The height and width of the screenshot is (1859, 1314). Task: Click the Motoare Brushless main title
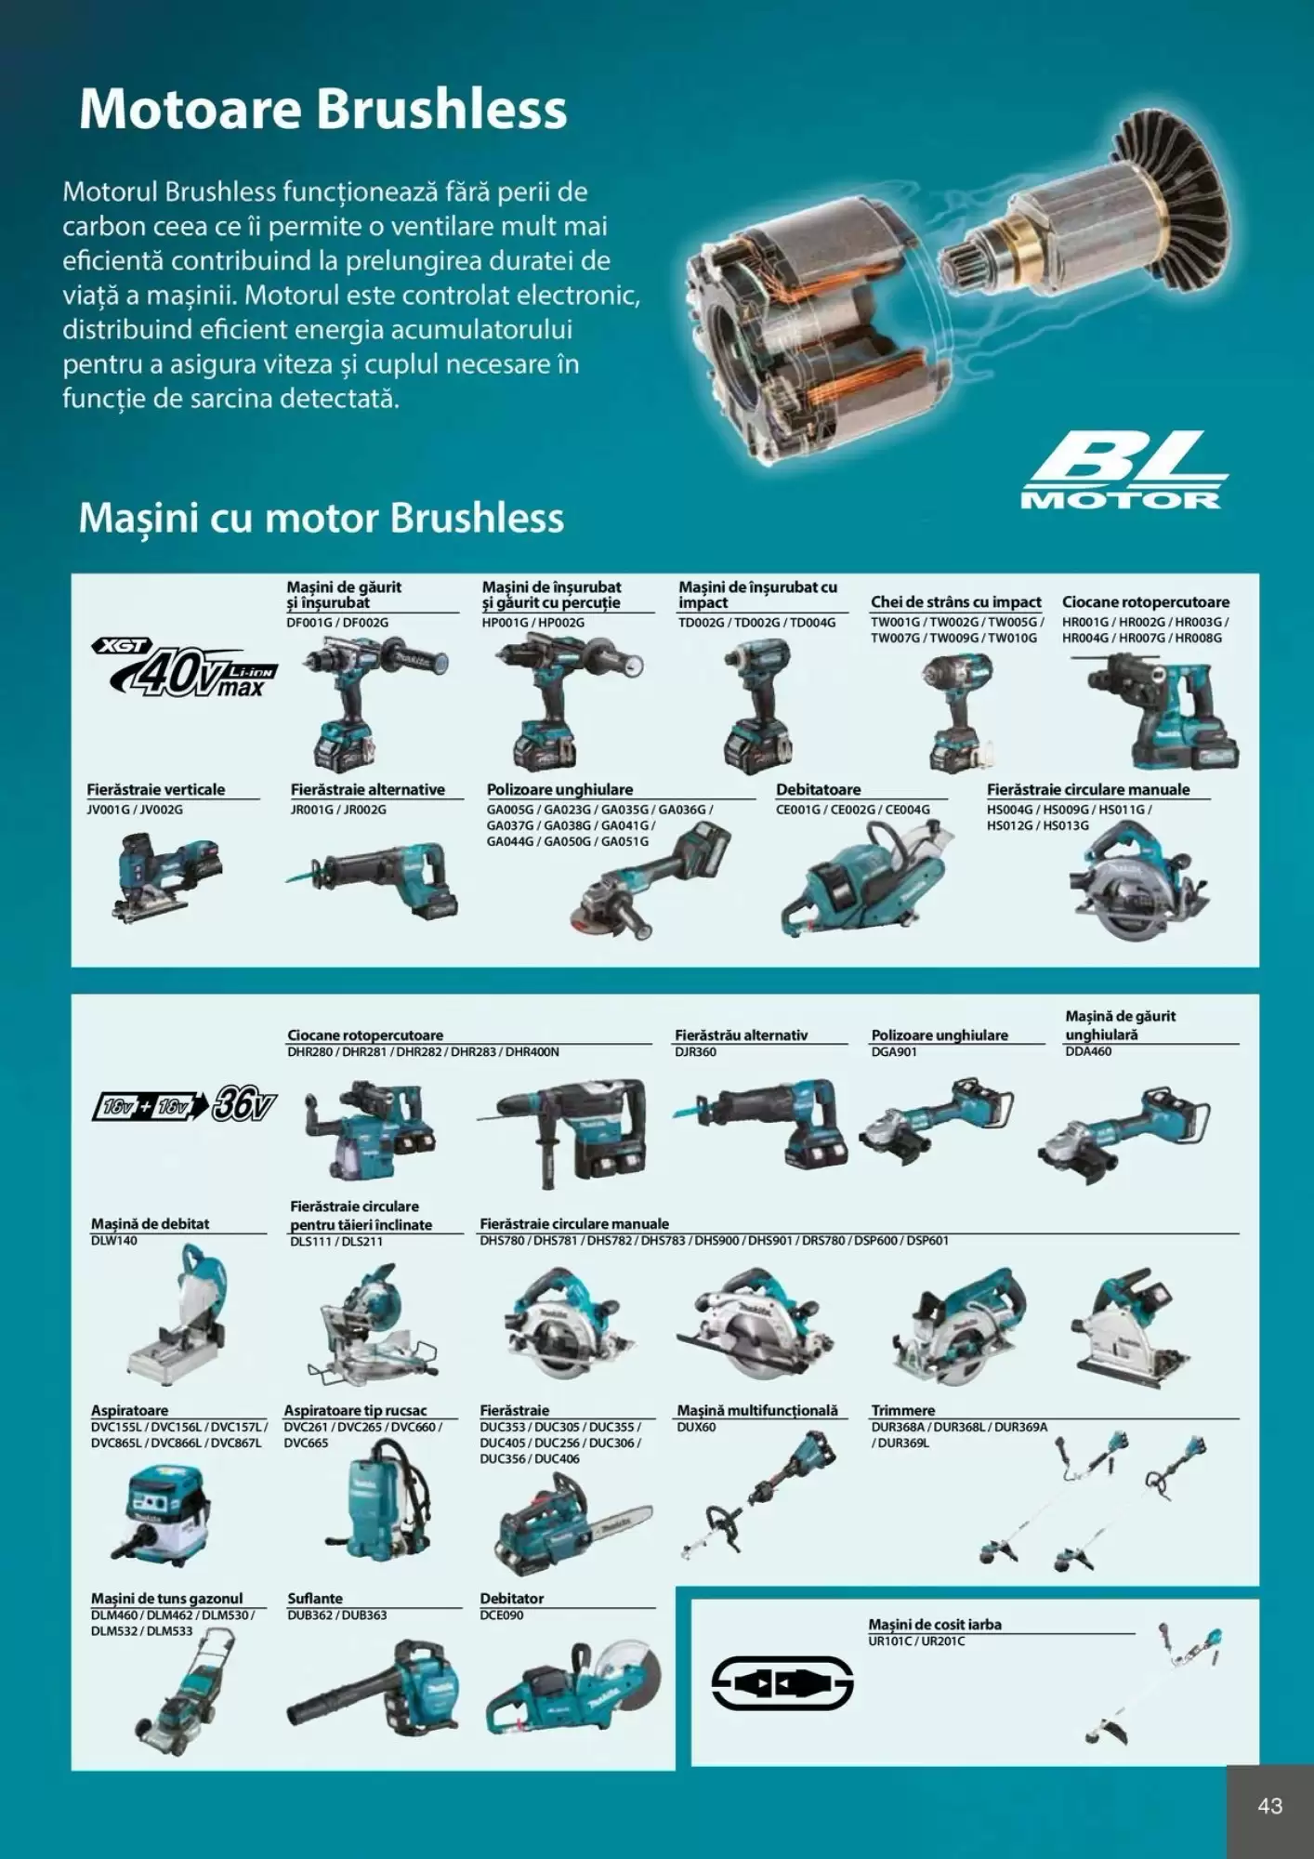click(322, 110)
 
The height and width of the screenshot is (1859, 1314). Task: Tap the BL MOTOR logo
click(1123, 471)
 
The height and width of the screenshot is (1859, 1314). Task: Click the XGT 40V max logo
click(185, 668)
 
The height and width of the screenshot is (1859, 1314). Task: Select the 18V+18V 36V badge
click(185, 1105)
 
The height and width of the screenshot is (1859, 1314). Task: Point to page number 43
click(1269, 1806)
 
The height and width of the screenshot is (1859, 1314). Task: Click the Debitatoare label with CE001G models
click(819, 790)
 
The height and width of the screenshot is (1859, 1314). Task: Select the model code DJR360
click(695, 1052)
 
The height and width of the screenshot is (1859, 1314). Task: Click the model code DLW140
click(114, 1241)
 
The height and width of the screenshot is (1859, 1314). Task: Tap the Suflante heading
click(315, 1599)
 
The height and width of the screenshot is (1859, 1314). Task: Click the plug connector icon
click(782, 1683)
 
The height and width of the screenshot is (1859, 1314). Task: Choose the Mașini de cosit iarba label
click(934, 1625)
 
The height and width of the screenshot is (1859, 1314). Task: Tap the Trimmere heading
click(903, 1411)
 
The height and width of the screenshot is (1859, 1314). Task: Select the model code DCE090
click(502, 1615)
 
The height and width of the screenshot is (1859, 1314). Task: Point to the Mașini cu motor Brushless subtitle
click(321, 518)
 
